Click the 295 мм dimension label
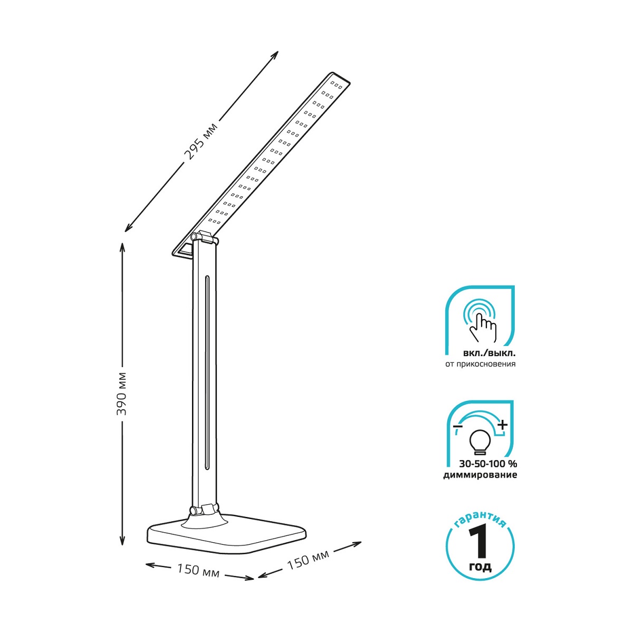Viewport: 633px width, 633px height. pyautogui.click(x=201, y=141)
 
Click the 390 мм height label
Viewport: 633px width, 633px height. pyautogui.click(x=121, y=393)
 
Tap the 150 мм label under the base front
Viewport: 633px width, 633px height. pyautogui.click(x=198, y=570)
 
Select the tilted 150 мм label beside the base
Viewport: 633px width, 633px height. pyautogui.click(x=308, y=560)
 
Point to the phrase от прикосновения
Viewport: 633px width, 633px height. pyautogui.click(x=480, y=365)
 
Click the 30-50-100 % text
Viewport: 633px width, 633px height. pyautogui.click(x=488, y=464)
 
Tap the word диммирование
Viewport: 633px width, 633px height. pyautogui.click(x=480, y=475)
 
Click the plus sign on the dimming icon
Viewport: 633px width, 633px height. pyautogui.click(x=503, y=425)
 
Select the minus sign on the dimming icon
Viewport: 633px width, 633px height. pyautogui.click(x=457, y=426)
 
